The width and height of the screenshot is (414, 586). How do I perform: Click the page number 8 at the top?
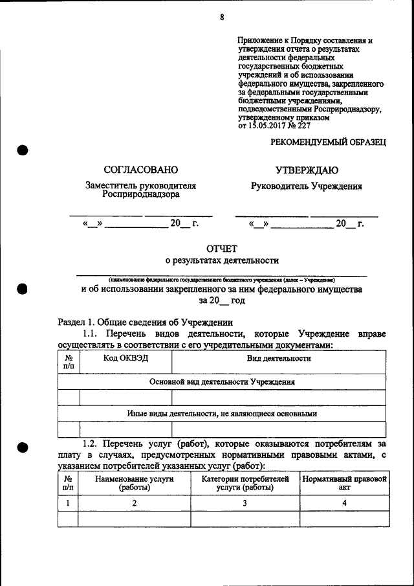(x=221, y=17)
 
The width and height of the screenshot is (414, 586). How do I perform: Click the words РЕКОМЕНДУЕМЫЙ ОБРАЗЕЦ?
(x=328, y=142)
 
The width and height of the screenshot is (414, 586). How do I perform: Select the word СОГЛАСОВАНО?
(x=140, y=170)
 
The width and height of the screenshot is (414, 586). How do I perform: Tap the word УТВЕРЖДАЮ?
(x=307, y=170)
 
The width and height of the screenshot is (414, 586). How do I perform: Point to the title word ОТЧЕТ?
(x=222, y=248)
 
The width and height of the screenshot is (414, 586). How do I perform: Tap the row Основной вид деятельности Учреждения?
(x=222, y=382)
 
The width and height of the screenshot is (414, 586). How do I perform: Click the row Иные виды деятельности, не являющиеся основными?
(x=222, y=413)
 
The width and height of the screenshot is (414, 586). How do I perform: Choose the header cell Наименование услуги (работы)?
(x=135, y=483)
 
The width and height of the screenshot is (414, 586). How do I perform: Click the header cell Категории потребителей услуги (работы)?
(x=245, y=483)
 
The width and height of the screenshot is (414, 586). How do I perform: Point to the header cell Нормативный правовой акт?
(x=344, y=483)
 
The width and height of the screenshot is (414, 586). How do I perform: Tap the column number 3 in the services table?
(x=245, y=503)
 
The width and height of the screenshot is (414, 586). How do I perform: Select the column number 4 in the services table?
(x=344, y=503)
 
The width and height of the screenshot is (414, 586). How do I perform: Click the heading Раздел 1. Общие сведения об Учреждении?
(x=145, y=322)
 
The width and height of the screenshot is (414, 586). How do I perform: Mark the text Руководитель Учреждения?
(x=307, y=186)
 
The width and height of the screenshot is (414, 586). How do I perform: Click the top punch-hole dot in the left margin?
(x=21, y=150)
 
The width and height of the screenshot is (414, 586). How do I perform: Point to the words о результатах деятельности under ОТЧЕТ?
(x=222, y=261)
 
